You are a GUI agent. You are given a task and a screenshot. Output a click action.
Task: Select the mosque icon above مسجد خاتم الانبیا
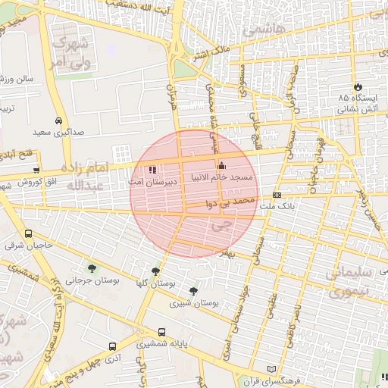tap(221, 166)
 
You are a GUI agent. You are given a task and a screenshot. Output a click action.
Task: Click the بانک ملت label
tap(277, 206)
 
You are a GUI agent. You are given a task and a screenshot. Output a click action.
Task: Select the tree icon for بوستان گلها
tap(155, 271)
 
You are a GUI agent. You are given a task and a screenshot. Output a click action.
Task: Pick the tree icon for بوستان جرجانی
tap(92, 268)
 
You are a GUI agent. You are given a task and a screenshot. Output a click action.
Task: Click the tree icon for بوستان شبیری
tap(194, 290)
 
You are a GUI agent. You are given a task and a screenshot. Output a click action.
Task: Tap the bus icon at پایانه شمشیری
tap(161, 332)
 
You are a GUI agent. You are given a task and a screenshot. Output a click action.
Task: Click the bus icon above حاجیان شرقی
tap(29, 234)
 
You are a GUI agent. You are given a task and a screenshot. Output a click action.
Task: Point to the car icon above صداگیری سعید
tap(58, 120)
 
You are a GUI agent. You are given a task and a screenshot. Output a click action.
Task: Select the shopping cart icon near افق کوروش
tap(36, 170)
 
